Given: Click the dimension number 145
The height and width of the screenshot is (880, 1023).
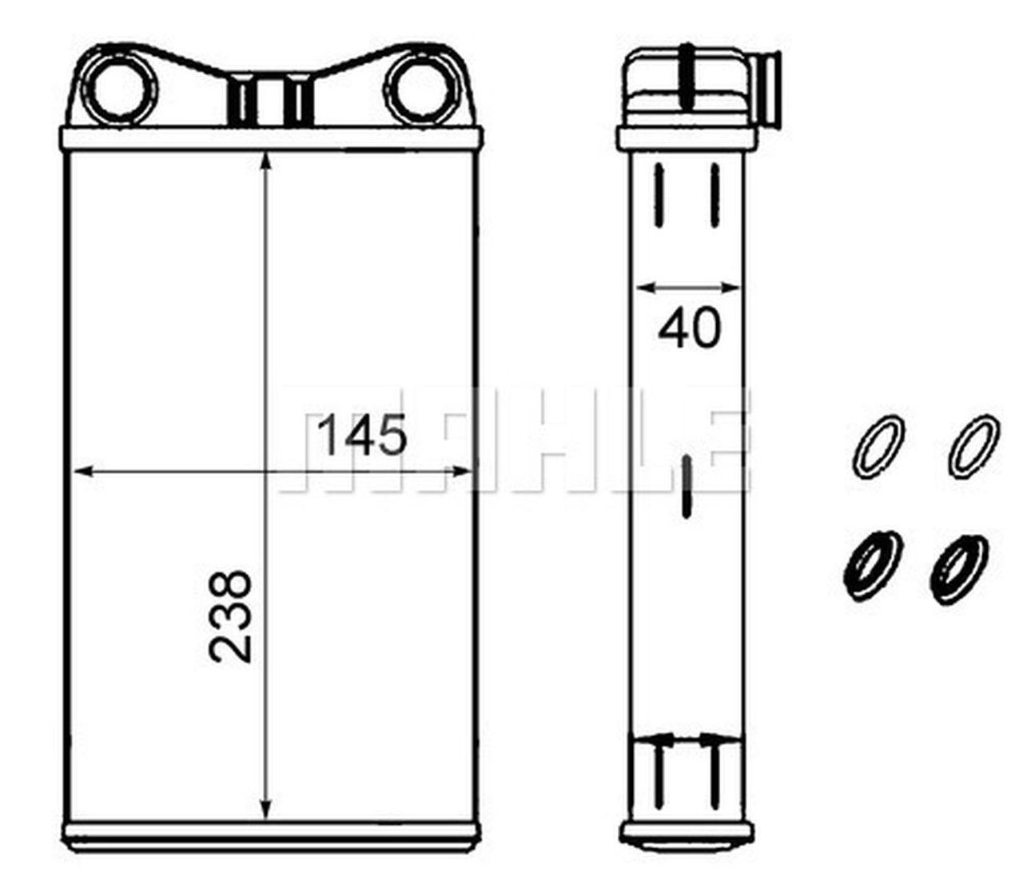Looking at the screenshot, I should click(x=363, y=436).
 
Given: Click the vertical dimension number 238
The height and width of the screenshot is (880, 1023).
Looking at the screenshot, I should click(x=232, y=615).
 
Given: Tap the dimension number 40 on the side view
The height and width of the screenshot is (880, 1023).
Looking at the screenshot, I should click(x=689, y=329).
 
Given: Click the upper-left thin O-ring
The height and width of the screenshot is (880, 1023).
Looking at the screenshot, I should click(x=879, y=445).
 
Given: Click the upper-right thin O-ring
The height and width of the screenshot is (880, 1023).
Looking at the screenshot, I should click(x=974, y=445).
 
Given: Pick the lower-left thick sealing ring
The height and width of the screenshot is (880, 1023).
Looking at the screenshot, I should click(x=873, y=564).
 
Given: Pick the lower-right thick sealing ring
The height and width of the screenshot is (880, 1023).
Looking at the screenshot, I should click(x=959, y=567).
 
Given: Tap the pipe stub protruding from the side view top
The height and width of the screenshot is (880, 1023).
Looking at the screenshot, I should click(x=769, y=88).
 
